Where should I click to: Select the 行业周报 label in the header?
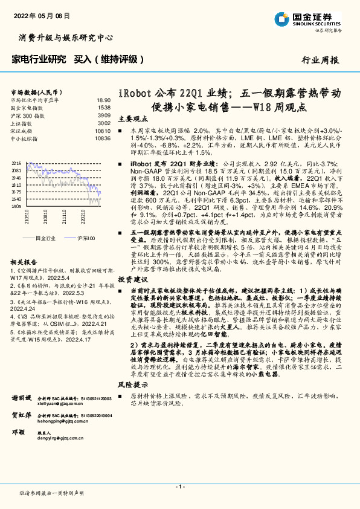(x=320, y=60)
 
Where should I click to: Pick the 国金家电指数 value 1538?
(x=104, y=107)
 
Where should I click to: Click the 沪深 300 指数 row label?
(x=27, y=115)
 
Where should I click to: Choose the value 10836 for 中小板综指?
(x=103, y=138)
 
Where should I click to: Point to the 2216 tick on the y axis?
(x=16, y=164)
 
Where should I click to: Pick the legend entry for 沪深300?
(x=86, y=239)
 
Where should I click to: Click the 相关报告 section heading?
(x=25, y=262)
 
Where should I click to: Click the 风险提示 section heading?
(x=132, y=384)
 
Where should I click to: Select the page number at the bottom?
(x=179, y=487)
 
